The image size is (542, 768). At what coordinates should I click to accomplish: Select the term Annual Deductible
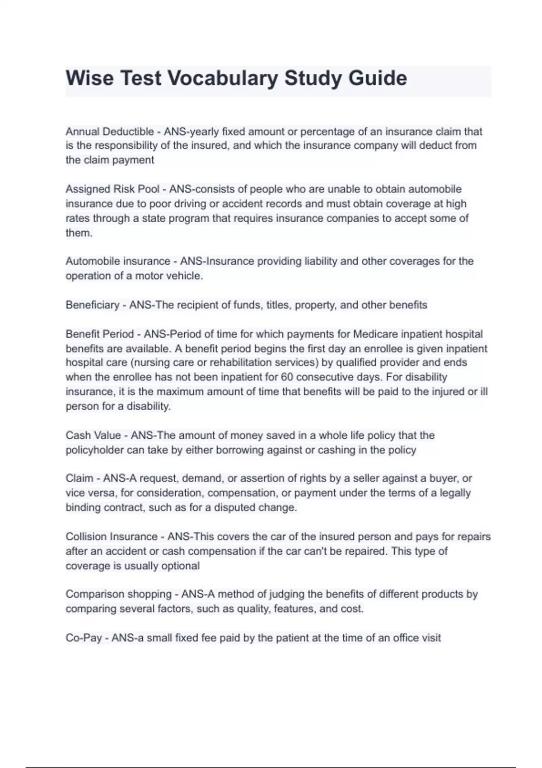[x=110, y=131]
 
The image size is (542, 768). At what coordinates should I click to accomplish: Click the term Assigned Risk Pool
[x=112, y=189]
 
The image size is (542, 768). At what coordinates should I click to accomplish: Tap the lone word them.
[x=79, y=233]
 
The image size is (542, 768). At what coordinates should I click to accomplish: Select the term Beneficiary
[x=93, y=305]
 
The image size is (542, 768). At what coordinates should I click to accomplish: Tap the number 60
[x=287, y=377]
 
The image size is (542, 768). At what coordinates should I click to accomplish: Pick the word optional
[x=180, y=566]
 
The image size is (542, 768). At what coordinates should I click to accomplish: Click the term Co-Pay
[x=84, y=638]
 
